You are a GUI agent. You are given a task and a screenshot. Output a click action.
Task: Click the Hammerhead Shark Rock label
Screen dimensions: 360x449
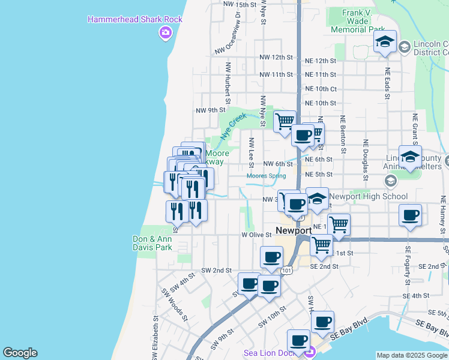click(x=135, y=19)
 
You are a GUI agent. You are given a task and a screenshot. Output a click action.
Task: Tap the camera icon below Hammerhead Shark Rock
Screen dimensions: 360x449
click(x=164, y=34)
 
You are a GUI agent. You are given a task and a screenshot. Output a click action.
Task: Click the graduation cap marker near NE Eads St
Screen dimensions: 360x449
click(x=385, y=42)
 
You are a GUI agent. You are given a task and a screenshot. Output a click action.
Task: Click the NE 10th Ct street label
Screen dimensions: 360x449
click(x=321, y=89)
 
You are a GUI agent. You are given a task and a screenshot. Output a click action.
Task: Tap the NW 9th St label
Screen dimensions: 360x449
click(x=210, y=110)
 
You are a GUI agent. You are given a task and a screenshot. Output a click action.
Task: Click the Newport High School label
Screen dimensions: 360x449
click(x=369, y=196)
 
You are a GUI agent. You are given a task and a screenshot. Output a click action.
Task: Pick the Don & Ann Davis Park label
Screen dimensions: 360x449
click(x=152, y=242)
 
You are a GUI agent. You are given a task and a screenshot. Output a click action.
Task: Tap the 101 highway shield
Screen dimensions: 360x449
click(x=287, y=271)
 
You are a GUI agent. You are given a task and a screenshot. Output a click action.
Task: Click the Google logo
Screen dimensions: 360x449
click(x=20, y=353)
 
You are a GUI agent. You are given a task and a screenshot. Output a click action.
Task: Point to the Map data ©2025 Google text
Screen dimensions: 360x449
click(x=412, y=355)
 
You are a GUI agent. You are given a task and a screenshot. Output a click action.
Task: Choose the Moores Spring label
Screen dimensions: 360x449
click(x=266, y=176)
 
